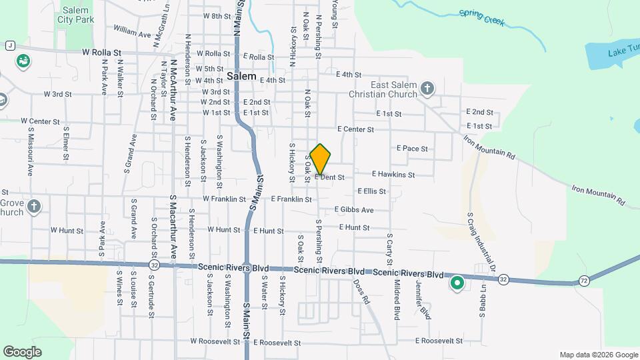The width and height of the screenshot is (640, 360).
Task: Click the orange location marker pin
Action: [x=321, y=159]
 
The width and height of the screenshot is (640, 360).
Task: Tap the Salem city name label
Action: [x=241, y=76]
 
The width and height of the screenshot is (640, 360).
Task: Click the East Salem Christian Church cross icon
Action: [x=427, y=87]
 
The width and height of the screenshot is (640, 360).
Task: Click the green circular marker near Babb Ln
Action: [x=457, y=285]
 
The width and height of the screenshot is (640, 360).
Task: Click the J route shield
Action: [x=10, y=45]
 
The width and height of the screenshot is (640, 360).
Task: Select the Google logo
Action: [x=22, y=351]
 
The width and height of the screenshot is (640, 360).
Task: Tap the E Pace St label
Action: [x=412, y=149]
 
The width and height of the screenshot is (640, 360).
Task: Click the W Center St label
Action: [x=40, y=121]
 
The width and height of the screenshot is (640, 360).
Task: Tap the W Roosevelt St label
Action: [x=215, y=341]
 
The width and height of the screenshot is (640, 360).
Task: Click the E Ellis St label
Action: [x=371, y=191]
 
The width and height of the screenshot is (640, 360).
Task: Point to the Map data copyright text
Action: [x=598, y=355]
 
